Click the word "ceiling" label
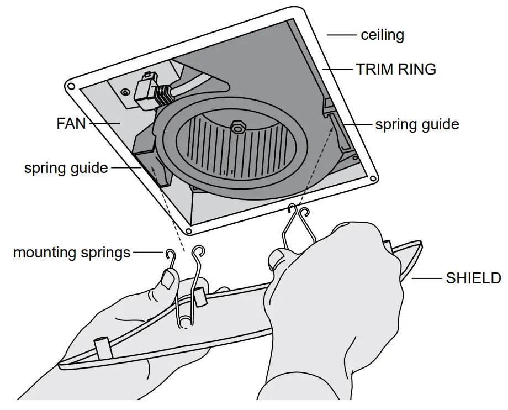click(382, 35)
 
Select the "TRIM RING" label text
click(396, 70)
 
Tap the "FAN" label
click(71, 123)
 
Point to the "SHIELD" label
click(473, 278)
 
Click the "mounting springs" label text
click(72, 253)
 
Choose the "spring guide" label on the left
click(66, 168)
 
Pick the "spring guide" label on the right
click(417, 124)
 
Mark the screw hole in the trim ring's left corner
click(71, 86)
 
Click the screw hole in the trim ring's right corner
click(373, 178)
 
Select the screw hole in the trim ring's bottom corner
click(189, 231)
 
